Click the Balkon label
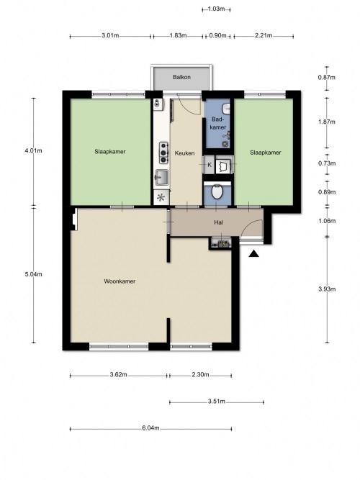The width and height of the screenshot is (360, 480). (x=181, y=77)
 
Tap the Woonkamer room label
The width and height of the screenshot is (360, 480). (x=120, y=281)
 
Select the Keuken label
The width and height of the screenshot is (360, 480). (x=184, y=153)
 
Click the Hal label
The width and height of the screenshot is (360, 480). (x=218, y=222)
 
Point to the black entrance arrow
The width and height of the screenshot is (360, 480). (x=253, y=253)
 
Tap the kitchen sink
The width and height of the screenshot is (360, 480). (x=162, y=177)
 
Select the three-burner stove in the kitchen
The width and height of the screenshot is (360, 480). (x=163, y=153)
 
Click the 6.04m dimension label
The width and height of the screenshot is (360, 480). (x=150, y=428)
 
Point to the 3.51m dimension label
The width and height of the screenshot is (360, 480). (x=217, y=402)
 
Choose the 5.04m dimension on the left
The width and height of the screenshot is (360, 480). (x=33, y=274)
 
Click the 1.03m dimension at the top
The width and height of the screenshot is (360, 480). (x=216, y=9)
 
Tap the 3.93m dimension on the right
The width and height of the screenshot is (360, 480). (x=327, y=289)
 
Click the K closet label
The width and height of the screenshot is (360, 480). (x=210, y=165)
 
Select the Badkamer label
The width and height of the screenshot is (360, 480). (x=219, y=123)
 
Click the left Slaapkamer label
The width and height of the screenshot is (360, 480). (x=110, y=152)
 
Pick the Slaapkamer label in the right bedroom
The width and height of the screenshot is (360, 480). (x=266, y=153)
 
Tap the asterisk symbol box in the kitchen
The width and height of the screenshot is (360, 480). (x=161, y=197)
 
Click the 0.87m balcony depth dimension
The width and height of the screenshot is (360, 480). (x=327, y=78)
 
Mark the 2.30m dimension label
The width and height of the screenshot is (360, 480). (x=200, y=374)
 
